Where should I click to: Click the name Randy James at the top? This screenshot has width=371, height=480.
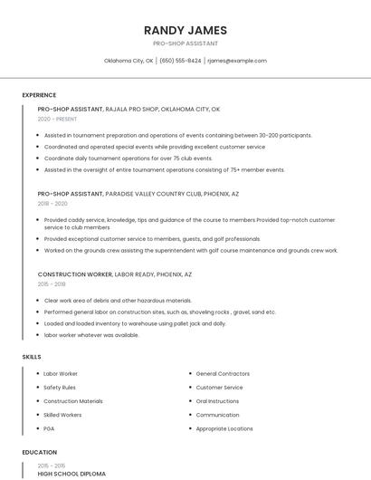pyautogui.click(x=185, y=30)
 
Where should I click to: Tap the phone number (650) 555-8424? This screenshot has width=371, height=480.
pyautogui.click(x=181, y=61)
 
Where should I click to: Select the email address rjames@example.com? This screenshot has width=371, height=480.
pyautogui.click(x=237, y=61)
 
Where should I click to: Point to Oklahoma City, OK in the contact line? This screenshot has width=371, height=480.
pyautogui.click(x=128, y=61)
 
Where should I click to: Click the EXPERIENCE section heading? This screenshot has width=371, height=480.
pyautogui.click(x=39, y=95)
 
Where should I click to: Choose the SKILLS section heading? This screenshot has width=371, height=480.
pyautogui.click(x=32, y=357)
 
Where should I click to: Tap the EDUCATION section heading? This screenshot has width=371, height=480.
pyautogui.click(x=40, y=452)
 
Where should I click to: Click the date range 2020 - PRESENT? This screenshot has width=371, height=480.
pyautogui.click(x=57, y=119)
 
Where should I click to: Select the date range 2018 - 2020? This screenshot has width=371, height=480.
pyautogui.click(x=52, y=204)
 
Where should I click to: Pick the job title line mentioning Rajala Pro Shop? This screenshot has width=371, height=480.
pyautogui.click(x=128, y=109)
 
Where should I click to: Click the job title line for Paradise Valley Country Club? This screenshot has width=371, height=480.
pyautogui.click(x=138, y=194)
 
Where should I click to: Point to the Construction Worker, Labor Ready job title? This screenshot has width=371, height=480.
pyautogui.click(x=115, y=274)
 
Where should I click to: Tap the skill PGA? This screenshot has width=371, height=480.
pyautogui.click(x=50, y=428)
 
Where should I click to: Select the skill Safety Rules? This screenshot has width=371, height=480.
pyautogui.click(x=60, y=388)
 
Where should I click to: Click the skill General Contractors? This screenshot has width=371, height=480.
pyautogui.click(x=223, y=373)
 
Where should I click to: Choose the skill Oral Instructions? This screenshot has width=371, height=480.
pyautogui.click(x=217, y=401)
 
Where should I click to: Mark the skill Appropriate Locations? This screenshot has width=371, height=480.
pyautogui.click(x=224, y=428)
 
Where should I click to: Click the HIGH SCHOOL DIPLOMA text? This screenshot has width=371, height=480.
pyautogui.click(x=71, y=474)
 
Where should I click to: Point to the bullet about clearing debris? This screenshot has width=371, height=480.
pyautogui.click(x=118, y=300)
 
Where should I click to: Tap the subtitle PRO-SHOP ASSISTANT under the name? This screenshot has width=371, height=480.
pyautogui.click(x=185, y=43)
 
